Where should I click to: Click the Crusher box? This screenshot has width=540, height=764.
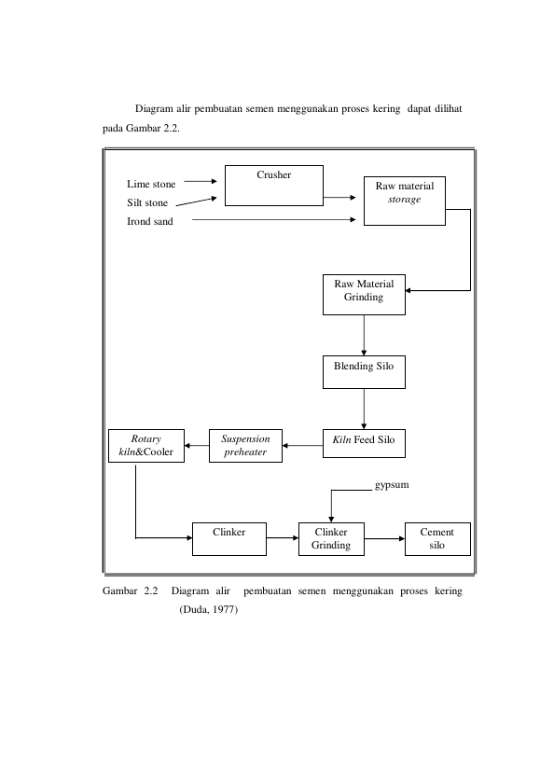click(x=273, y=186)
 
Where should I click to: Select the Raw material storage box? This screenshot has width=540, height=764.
click(x=405, y=201)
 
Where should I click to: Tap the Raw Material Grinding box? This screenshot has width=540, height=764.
click(x=364, y=294)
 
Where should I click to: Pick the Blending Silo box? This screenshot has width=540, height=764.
click(x=364, y=372)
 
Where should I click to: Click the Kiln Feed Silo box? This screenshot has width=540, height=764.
click(x=364, y=443)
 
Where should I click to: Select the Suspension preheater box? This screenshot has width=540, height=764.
click(x=245, y=446)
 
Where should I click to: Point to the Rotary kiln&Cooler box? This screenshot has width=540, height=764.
click(x=146, y=446)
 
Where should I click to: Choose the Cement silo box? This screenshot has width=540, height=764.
click(x=437, y=539)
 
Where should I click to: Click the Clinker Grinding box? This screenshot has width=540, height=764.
click(x=331, y=539)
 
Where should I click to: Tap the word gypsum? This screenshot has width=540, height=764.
click(x=392, y=485)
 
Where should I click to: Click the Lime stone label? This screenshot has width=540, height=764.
click(x=151, y=184)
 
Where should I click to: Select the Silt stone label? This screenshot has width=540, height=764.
click(x=147, y=202)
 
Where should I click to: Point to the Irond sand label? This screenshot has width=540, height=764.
click(x=150, y=221)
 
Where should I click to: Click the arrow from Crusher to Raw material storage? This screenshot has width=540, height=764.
click(x=339, y=198)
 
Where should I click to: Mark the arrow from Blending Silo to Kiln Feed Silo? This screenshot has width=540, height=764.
click(x=364, y=409)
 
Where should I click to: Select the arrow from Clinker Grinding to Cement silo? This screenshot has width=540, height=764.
click(x=384, y=539)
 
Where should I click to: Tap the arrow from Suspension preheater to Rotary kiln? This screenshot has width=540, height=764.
click(x=197, y=445)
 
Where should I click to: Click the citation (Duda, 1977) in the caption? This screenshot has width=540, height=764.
click(x=208, y=609)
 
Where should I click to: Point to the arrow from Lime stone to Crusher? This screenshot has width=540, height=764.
click(x=201, y=181)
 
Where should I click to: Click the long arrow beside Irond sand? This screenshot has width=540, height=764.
click(x=273, y=220)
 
